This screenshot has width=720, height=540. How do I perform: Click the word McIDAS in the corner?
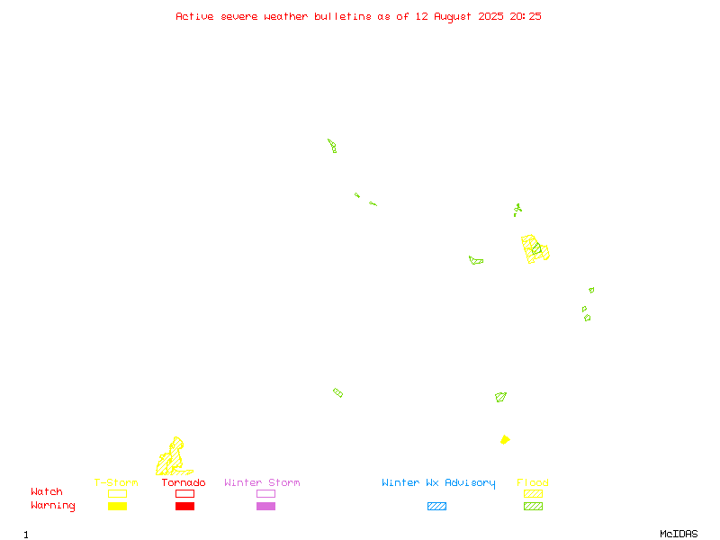pyautogui.click(x=679, y=534)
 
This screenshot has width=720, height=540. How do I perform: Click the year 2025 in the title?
pyautogui.click(x=490, y=16)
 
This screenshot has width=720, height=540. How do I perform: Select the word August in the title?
pyautogui.click(x=453, y=17)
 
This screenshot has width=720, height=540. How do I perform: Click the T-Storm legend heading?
pyautogui.click(x=116, y=482)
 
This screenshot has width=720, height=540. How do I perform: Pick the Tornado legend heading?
pyautogui.click(x=184, y=482)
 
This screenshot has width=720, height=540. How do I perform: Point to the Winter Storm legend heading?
pyautogui.click(x=262, y=482)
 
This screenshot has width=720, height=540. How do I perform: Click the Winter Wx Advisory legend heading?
pyautogui.click(x=438, y=483)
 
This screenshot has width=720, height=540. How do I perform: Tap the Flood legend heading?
pyautogui.click(x=533, y=482)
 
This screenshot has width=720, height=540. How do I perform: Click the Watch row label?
pyautogui.click(x=47, y=491)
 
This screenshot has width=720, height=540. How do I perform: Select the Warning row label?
pyautogui.click(x=53, y=506)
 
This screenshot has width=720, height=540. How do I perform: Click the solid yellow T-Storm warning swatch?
pyautogui.click(x=118, y=506)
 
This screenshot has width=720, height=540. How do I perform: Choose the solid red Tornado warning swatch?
pyautogui.click(x=185, y=506)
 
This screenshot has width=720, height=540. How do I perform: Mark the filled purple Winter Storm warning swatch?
pyautogui.click(x=265, y=506)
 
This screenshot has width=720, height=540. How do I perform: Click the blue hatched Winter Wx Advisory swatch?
pyautogui.click(x=436, y=506)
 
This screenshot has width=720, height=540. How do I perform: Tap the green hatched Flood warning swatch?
pyautogui.click(x=533, y=506)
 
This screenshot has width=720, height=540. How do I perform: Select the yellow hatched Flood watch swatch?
pyautogui.click(x=533, y=493)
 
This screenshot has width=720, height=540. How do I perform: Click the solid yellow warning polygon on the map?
pyautogui.click(x=505, y=440)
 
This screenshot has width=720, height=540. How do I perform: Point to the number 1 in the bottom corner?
pyautogui.click(x=26, y=535)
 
